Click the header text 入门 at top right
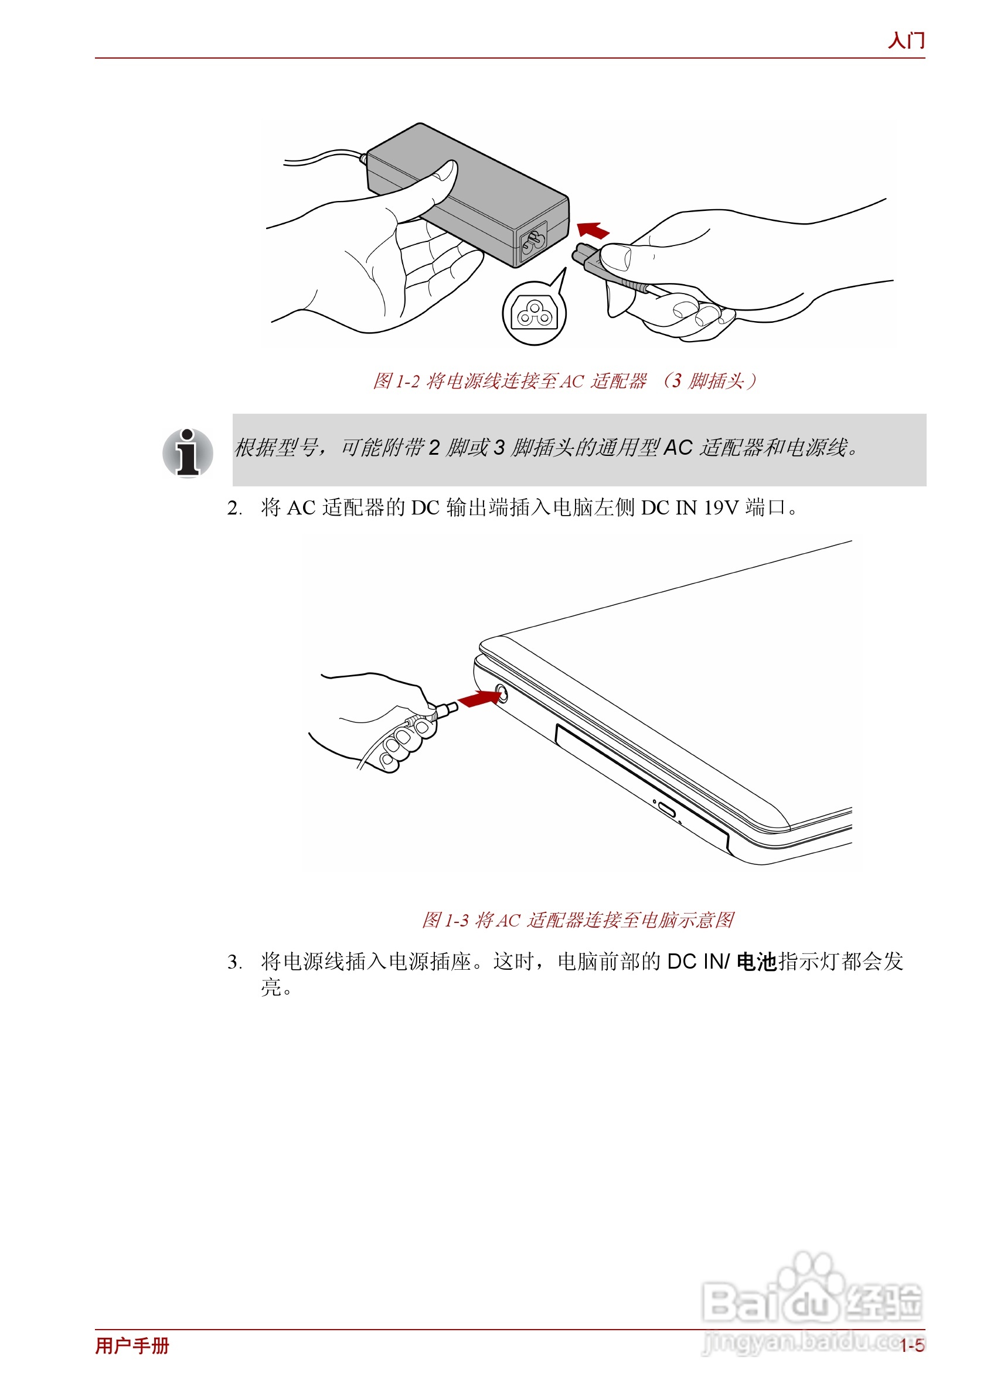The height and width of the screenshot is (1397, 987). pyautogui.click(x=906, y=41)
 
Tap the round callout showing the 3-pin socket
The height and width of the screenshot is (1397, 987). pyautogui.click(x=534, y=314)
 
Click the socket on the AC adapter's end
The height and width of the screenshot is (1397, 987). pyautogui.click(x=532, y=242)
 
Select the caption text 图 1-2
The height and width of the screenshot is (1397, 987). pyautogui.click(x=396, y=381)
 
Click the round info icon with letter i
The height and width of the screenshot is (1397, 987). pyautogui.click(x=188, y=453)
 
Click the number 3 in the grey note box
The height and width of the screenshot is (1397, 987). pyautogui.click(x=498, y=448)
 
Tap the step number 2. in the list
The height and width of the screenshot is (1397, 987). pyautogui.click(x=234, y=508)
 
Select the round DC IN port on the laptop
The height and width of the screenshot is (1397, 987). pyautogui.click(x=500, y=693)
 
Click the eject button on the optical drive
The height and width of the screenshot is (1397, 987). pyautogui.click(x=666, y=810)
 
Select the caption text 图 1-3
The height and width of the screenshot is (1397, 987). pyautogui.click(x=445, y=920)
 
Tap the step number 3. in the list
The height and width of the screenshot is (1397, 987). pyautogui.click(x=234, y=963)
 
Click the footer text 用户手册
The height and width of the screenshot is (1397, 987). pyautogui.click(x=132, y=1345)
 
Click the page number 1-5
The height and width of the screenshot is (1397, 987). pyautogui.click(x=912, y=1345)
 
